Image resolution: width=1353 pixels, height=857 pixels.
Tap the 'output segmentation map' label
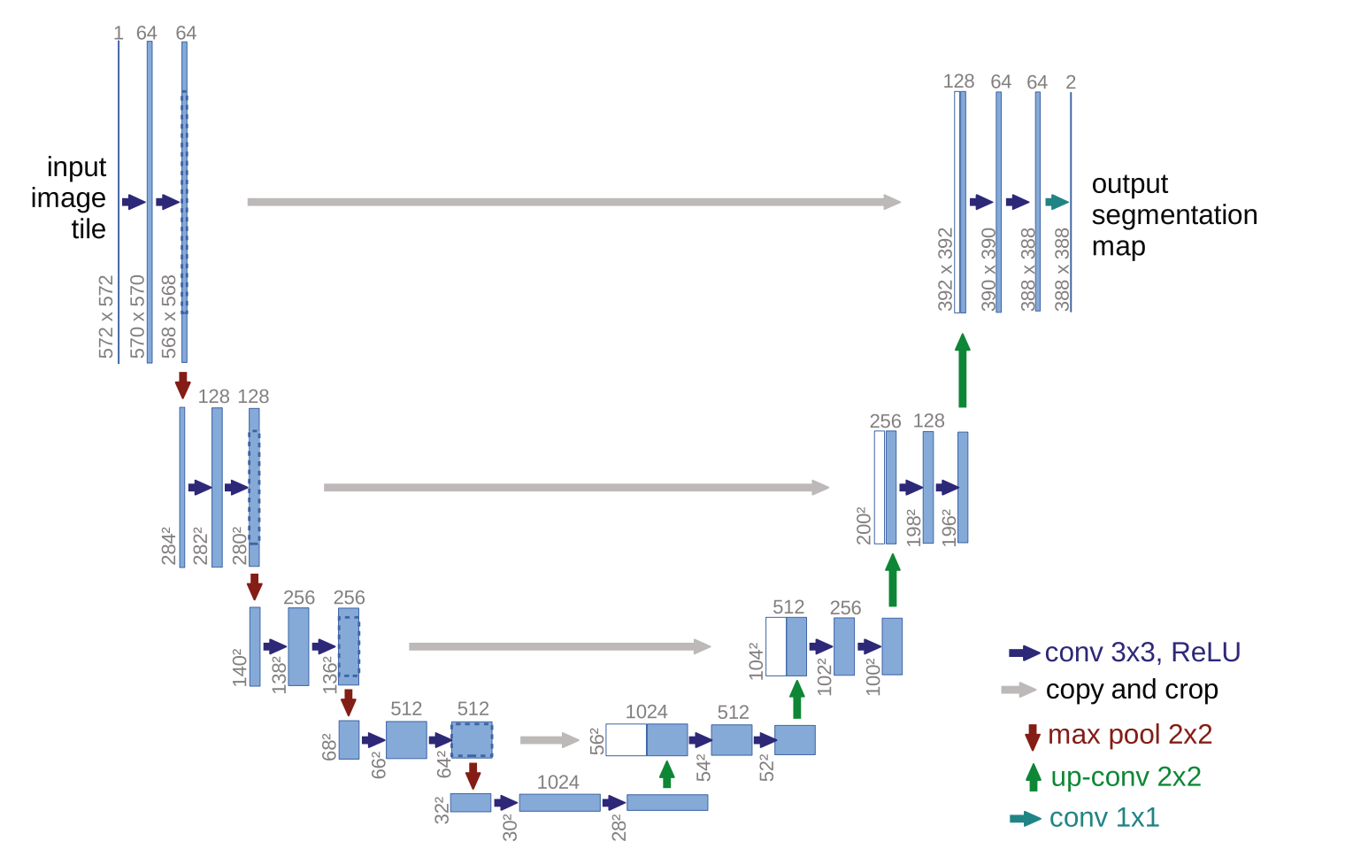click(1173, 215)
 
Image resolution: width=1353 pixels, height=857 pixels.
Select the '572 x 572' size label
click(107, 317)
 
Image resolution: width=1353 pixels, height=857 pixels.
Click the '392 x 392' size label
click(946, 269)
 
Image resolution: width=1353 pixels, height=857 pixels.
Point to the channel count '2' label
click(1071, 82)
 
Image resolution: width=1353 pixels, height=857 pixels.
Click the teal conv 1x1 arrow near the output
click(1057, 203)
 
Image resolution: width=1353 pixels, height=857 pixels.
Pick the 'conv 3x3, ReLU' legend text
click(1142, 652)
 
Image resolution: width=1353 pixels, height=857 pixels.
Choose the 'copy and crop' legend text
click(1132, 690)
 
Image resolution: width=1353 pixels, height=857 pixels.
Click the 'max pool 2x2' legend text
click(1129, 735)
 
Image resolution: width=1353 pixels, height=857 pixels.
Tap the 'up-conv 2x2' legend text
click(1126, 777)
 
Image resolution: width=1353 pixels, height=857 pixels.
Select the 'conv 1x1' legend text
click(1103, 818)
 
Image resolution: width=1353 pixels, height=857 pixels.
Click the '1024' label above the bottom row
click(558, 783)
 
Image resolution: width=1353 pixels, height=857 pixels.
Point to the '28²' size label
click(619, 827)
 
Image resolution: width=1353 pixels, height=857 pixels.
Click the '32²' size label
click(442, 809)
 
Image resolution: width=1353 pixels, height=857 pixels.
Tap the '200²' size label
click(864, 526)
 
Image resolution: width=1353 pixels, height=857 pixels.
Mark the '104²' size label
click(756, 661)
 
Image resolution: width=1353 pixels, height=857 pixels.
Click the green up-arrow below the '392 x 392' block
click(963, 370)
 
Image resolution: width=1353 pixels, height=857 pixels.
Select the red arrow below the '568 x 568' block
click(183, 385)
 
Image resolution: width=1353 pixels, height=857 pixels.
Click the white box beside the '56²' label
click(626, 740)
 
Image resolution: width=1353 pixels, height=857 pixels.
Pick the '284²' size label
click(168, 545)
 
